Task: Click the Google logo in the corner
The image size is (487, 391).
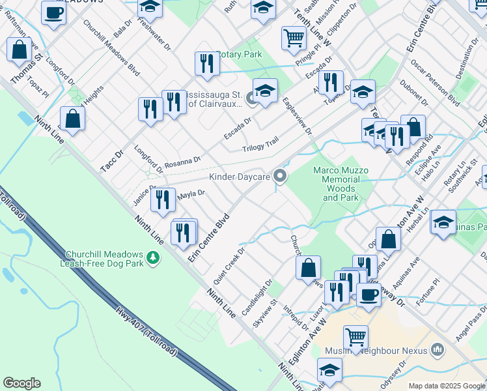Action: tap(21, 383)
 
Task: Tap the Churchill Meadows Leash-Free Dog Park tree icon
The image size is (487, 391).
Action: tap(154, 259)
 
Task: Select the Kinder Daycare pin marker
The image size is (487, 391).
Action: tap(281, 177)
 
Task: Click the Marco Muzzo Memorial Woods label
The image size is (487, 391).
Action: tap(341, 184)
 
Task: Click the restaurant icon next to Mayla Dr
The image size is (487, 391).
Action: tap(163, 199)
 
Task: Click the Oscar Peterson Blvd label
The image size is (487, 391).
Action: tap(436, 82)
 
